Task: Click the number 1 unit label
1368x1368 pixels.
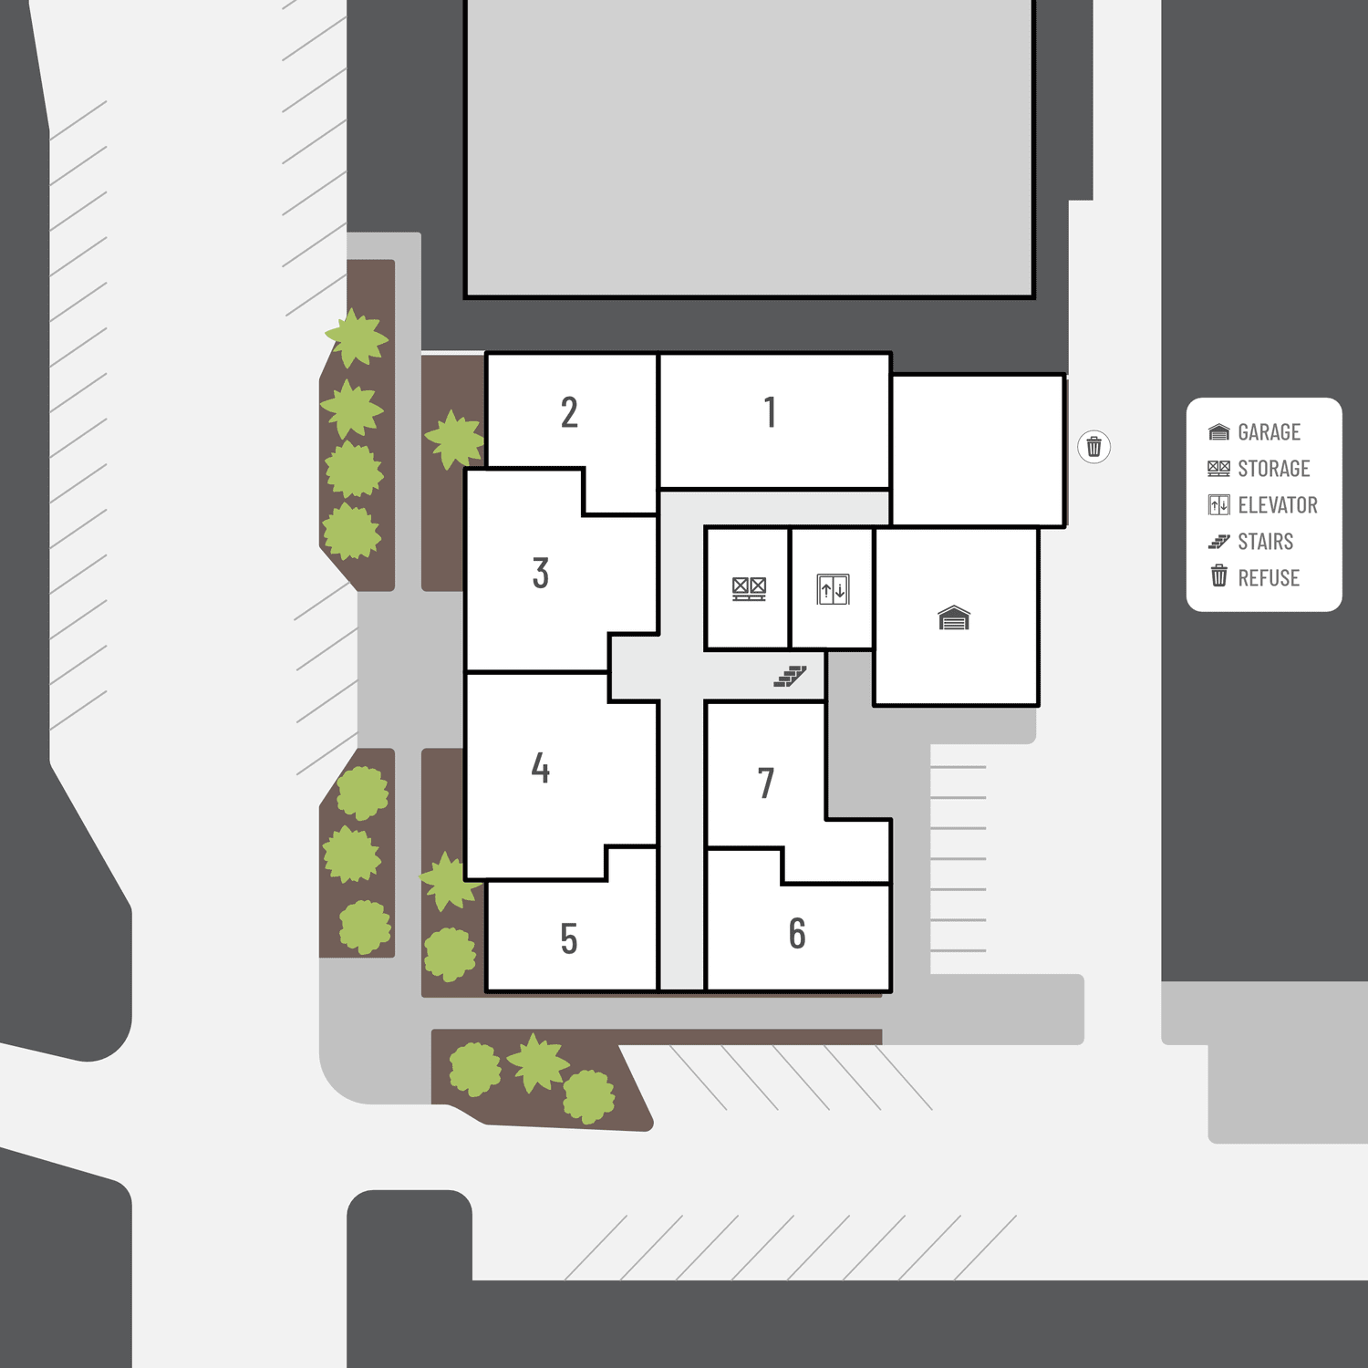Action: (771, 412)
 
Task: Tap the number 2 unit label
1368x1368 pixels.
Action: (569, 412)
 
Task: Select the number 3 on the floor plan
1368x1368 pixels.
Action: (541, 574)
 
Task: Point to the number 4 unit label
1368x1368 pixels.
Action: (541, 768)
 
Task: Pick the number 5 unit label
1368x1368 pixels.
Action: (569, 938)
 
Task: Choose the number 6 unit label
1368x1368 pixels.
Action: (797, 934)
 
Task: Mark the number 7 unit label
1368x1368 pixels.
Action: (766, 783)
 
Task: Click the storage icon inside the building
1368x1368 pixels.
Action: (750, 589)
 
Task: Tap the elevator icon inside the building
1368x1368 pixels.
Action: (834, 589)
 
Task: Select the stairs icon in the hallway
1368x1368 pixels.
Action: (790, 676)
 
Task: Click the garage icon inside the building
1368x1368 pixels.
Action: (954, 618)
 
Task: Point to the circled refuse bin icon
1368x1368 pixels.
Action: (1094, 447)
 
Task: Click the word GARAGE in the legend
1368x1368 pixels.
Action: (1269, 432)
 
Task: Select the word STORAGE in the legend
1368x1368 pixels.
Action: (1273, 469)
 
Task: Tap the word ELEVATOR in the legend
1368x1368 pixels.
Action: (1278, 505)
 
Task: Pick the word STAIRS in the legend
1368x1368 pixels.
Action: (1265, 542)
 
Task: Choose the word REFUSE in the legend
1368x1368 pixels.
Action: (1269, 578)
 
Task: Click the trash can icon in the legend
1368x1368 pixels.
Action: (1219, 575)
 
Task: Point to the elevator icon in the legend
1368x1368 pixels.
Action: (1219, 505)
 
